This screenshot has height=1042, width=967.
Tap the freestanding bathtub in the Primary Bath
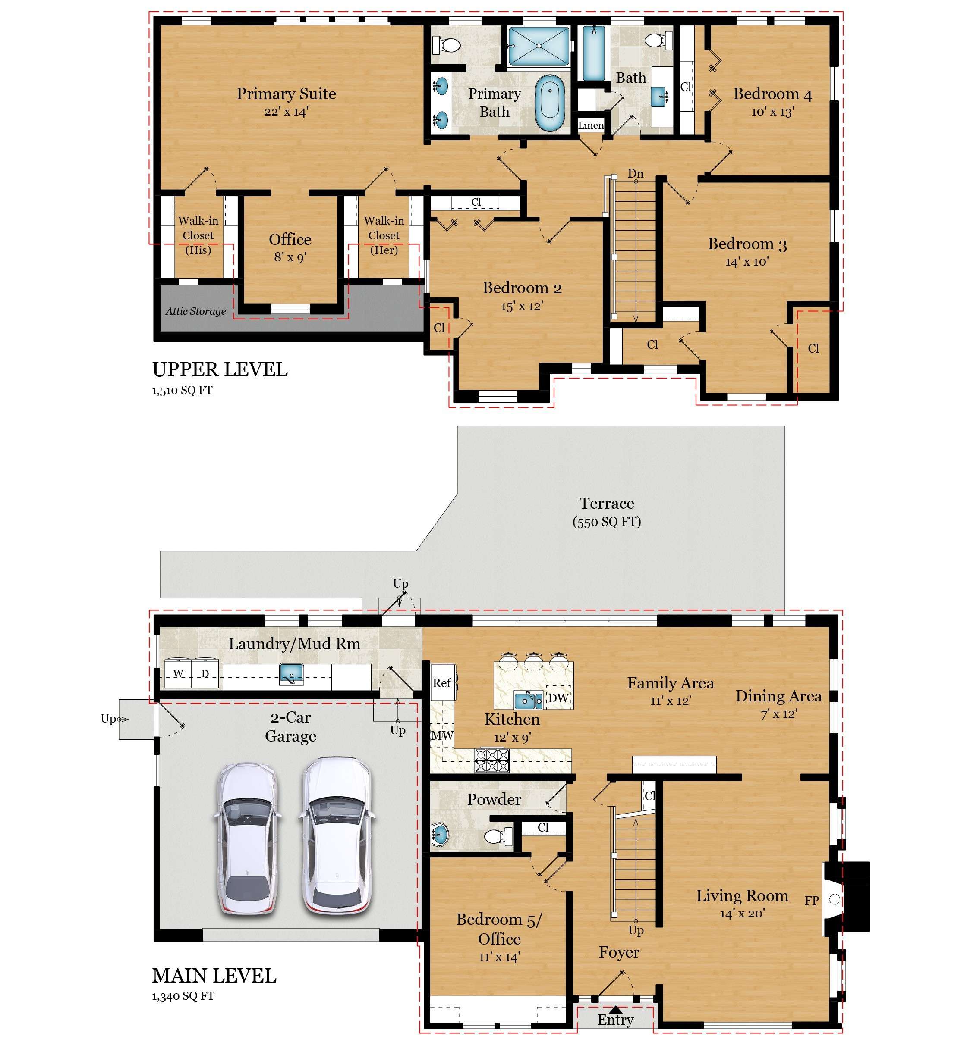tap(550, 103)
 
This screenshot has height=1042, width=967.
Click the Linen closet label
tap(591, 125)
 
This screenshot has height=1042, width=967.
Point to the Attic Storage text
tap(196, 311)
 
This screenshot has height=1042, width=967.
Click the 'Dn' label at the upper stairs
tap(635, 173)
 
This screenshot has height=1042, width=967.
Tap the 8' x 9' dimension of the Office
tap(290, 257)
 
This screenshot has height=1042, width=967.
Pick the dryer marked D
tap(205, 673)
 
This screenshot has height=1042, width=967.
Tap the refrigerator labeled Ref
tap(443, 683)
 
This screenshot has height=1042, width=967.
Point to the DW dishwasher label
tap(558, 698)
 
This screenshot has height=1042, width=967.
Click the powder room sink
tap(440, 835)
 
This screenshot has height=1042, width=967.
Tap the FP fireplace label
tap(811, 900)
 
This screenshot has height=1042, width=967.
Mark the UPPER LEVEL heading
tap(220, 369)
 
